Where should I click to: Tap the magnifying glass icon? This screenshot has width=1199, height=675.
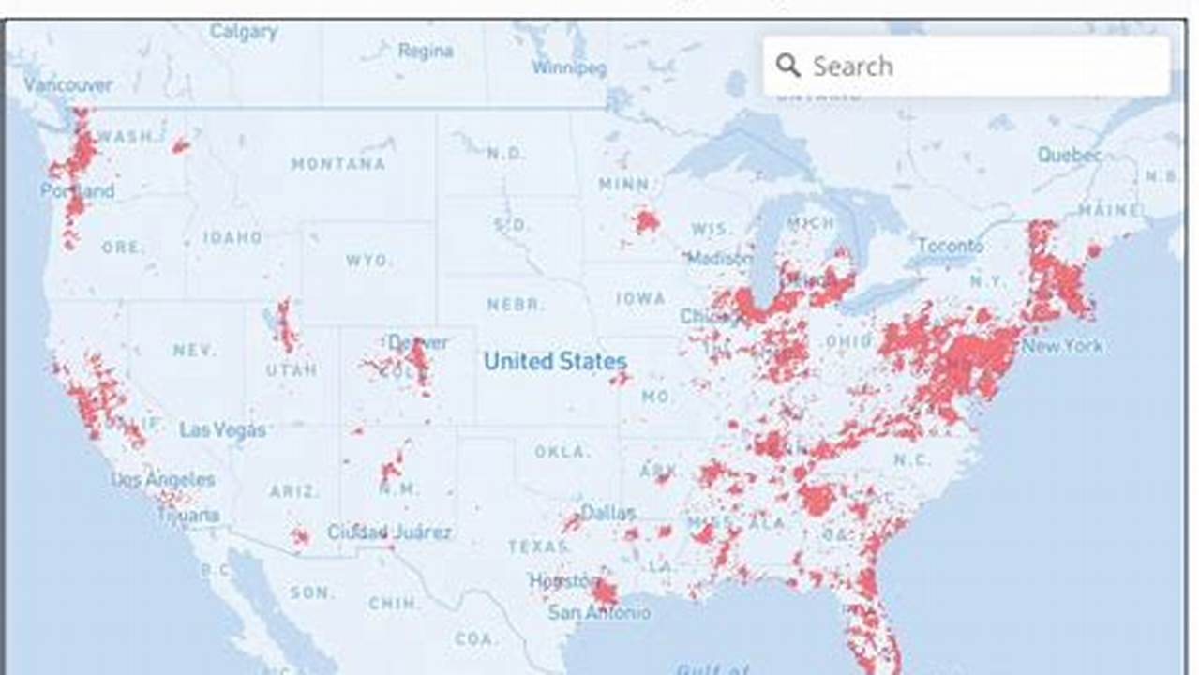[x=788, y=66]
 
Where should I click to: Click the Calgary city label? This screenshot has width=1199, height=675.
[x=244, y=32]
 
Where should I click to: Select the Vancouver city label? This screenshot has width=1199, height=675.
[x=68, y=84]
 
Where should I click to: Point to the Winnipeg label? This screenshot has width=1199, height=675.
[x=569, y=67]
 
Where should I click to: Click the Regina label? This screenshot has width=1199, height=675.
[x=426, y=51]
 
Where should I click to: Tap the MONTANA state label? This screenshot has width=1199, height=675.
[x=338, y=164]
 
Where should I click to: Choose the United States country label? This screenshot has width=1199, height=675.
[x=555, y=361]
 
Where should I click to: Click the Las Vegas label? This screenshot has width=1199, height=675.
[x=223, y=430]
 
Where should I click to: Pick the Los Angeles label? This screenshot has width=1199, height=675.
[x=163, y=479]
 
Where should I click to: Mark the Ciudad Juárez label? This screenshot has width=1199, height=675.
[x=389, y=532]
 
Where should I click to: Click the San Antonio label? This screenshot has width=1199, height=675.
[x=599, y=613]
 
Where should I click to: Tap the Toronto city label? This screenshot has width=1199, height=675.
[x=951, y=247]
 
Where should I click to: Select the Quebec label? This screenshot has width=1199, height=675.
[x=1070, y=155]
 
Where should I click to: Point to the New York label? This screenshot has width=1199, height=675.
[x=1062, y=346]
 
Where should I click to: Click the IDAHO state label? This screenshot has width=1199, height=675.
[x=232, y=237]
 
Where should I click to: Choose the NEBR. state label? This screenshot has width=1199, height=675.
[x=515, y=305]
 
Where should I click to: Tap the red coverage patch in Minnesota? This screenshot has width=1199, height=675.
[x=645, y=221]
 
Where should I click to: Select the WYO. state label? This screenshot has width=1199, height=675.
[x=367, y=260]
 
